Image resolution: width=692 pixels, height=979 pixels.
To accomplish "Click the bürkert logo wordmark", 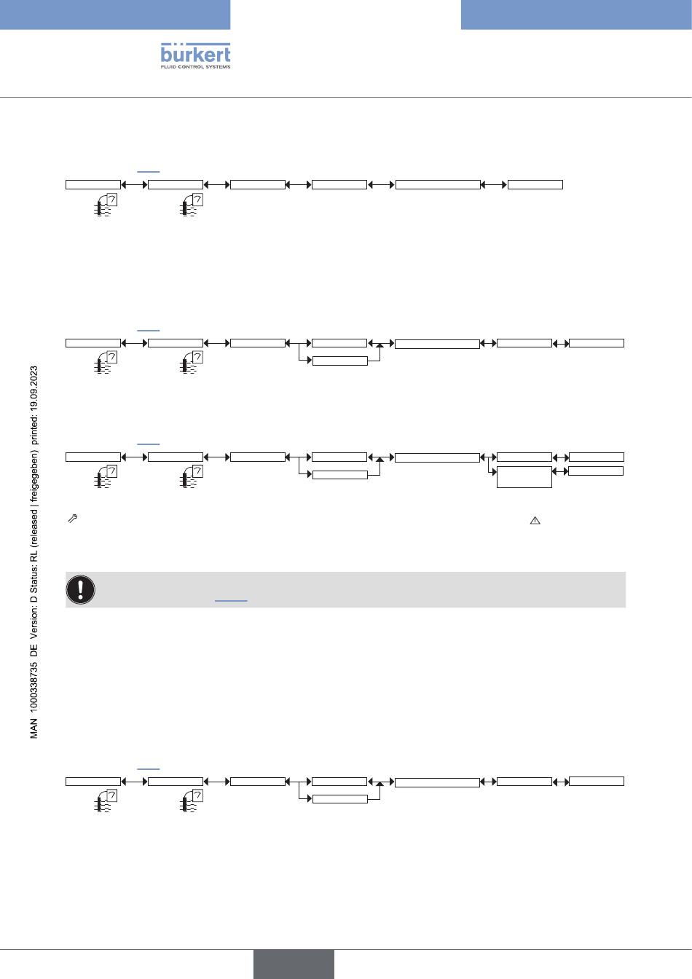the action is (195, 53).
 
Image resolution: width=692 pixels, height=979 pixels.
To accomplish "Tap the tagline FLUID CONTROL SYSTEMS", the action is (195, 67).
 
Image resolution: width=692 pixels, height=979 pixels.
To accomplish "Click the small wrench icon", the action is (73, 519).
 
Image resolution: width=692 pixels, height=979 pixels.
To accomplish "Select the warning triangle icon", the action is (535, 520).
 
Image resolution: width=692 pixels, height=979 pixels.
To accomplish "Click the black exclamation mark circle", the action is (80, 589).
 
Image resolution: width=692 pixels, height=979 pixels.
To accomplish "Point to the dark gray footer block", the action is (294, 964).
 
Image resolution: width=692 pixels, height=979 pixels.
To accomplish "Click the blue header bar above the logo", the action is (115, 15).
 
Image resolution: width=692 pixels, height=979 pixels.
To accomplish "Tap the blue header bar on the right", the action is (577, 15).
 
